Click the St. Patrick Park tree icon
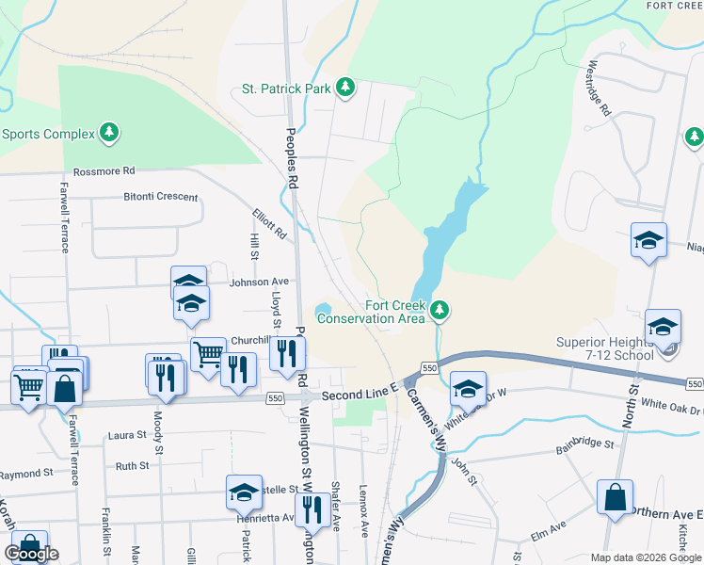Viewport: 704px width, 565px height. (346, 88)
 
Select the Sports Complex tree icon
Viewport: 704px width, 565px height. (111, 133)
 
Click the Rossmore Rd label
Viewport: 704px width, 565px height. (104, 171)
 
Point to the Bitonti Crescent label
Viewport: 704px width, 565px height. (161, 197)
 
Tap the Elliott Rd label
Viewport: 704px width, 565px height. (268, 223)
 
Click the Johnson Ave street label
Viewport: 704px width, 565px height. (260, 281)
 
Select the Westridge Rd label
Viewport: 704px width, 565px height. (599, 89)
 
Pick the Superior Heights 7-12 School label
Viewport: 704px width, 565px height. (617, 348)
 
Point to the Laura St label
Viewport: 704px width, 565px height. (128, 435)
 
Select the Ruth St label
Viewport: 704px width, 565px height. (132, 465)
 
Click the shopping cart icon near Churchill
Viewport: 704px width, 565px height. (208, 353)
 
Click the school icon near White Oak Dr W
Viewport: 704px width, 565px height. (468, 388)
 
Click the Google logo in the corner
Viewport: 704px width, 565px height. (32, 554)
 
